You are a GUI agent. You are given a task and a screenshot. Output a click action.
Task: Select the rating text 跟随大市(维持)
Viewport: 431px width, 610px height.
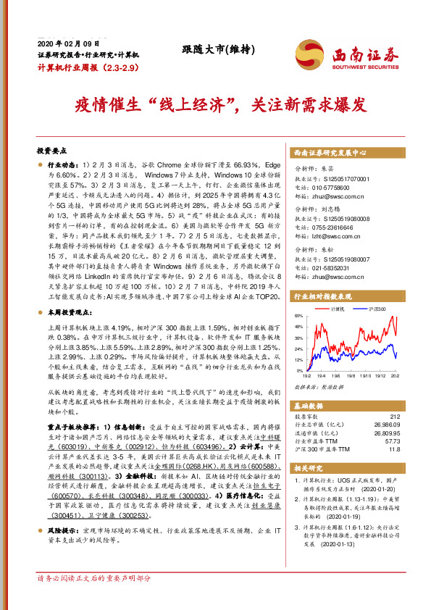point(214,49)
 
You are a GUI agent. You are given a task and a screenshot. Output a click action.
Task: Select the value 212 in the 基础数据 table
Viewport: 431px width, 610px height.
point(395,416)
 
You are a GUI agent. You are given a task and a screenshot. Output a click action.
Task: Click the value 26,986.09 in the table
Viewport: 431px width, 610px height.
point(385,425)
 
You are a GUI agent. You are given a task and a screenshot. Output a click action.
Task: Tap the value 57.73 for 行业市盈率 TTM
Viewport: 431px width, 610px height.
point(391,440)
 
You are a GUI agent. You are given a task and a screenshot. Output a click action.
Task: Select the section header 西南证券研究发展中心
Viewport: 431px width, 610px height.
point(330,154)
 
